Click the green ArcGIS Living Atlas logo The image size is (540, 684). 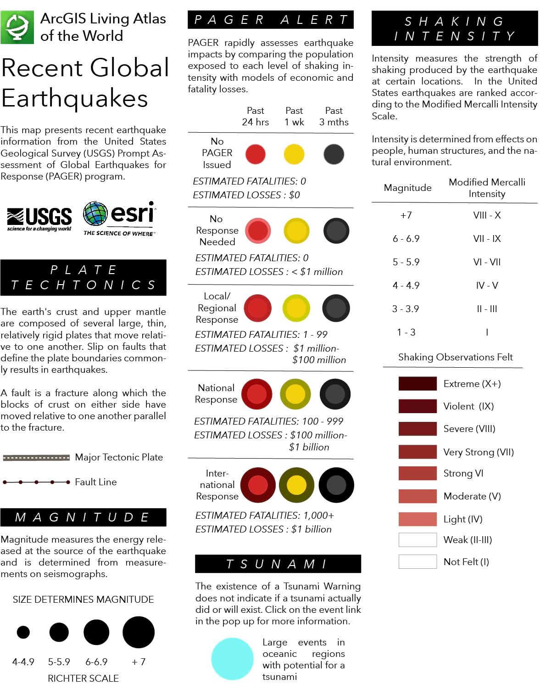pos(17,28)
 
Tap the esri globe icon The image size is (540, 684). pos(95,213)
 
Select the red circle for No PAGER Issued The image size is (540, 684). pos(256,154)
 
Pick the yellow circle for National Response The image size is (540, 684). pos(295,394)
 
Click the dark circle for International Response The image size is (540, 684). pos(336,485)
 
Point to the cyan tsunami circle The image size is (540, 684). pos(232,659)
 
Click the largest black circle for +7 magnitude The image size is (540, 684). pos(139,632)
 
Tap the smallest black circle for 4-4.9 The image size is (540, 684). pos(23,632)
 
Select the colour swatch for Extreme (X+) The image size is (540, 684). pos(418,384)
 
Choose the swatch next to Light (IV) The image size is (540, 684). pos(418,519)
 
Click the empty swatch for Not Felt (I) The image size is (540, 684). pos(418,561)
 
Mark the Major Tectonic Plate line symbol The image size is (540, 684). pos(36,458)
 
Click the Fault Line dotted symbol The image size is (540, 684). pos(36,482)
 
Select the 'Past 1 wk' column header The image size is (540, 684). pos(294,116)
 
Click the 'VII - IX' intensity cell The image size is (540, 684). pos(487,239)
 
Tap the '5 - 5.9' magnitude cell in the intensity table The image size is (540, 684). pos(406,262)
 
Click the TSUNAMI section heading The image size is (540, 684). pos(278,564)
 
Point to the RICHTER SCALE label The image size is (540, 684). pos(83,678)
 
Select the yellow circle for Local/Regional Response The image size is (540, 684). pos(296,308)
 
